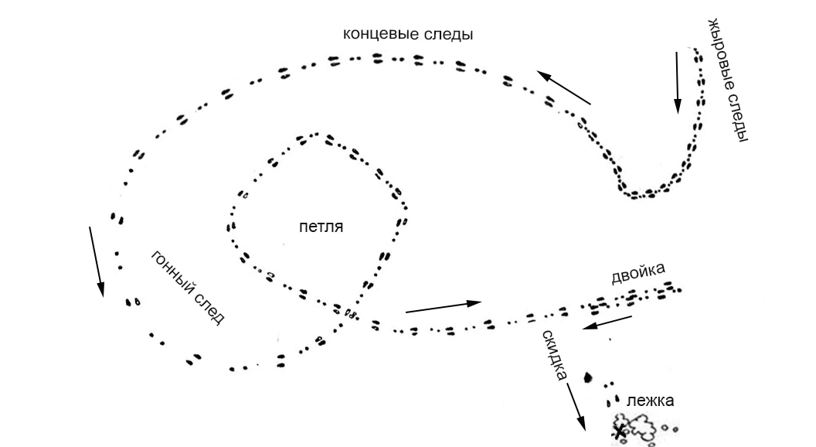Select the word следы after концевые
click(446, 35)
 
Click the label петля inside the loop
click(320, 227)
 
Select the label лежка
click(651, 401)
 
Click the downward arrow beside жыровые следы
click(678, 81)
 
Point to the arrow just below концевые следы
click(563, 87)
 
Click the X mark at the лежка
click(620, 432)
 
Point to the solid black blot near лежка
click(587, 377)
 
